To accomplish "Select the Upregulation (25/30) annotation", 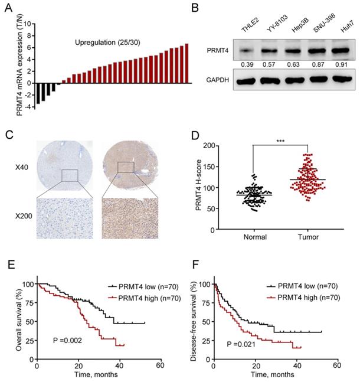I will tap(106, 43).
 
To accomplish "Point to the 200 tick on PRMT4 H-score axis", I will tap(224, 145).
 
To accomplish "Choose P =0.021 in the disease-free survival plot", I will tap(257, 344).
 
